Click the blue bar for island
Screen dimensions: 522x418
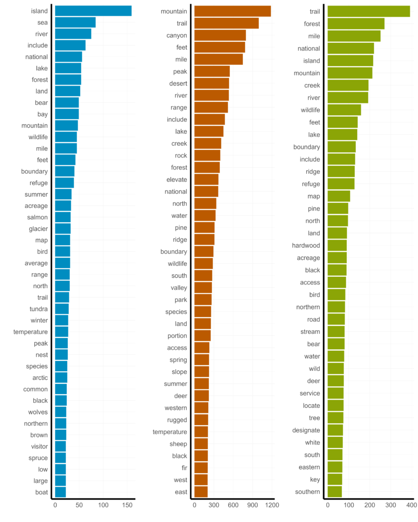click(x=93, y=11)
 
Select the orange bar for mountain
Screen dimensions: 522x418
click(x=233, y=11)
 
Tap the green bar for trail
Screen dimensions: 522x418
click(x=368, y=11)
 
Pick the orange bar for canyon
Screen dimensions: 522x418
click(x=220, y=35)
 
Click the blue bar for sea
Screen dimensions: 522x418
click(x=75, y=22)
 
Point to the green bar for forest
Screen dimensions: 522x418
click(x=356, y=23)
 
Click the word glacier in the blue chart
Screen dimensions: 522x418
click(x=38, y=229)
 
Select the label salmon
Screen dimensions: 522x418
click(x=37, y=217)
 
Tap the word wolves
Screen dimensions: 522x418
click(x=38, y=412)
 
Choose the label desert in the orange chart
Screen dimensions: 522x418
click(x=178, y=84)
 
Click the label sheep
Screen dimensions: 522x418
click(x=178, y=444)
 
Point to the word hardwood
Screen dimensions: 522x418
click(x=306, y=246)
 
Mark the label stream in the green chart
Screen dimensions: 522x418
click(x=310, y=332)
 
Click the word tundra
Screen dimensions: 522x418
click(x=39, y=309)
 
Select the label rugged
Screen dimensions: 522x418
click(x=177, y=420)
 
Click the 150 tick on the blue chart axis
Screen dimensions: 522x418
click(x=127, y=505)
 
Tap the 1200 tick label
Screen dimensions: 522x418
click(x=272, y=505)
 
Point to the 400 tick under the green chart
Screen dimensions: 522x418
click(x=411, y=505)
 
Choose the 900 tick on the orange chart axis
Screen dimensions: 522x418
click(x=253, y=505)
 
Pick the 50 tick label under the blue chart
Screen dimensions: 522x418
click(x=79, y=505)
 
